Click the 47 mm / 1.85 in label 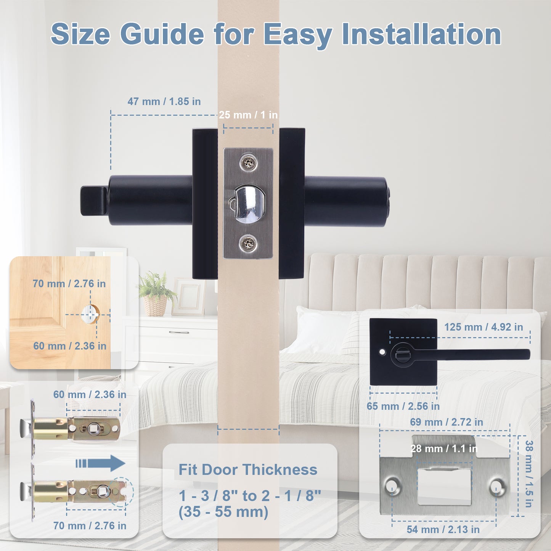(164, 101)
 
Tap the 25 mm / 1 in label (248, 115)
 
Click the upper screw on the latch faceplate (248, 164)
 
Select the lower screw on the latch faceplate (248, 244)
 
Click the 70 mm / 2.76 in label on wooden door (69, 284)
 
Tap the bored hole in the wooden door (90, 314)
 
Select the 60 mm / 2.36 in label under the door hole (70, 346)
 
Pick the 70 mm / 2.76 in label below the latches (90, 526)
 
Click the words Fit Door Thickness (248, 470)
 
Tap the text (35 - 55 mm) (223, 512)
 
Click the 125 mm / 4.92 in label (484, 327)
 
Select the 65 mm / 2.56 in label (403, 406)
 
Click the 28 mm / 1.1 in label (444, 449)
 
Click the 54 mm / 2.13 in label (443, 530)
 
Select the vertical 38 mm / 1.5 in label (529, 474)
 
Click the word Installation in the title (421, 34)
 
